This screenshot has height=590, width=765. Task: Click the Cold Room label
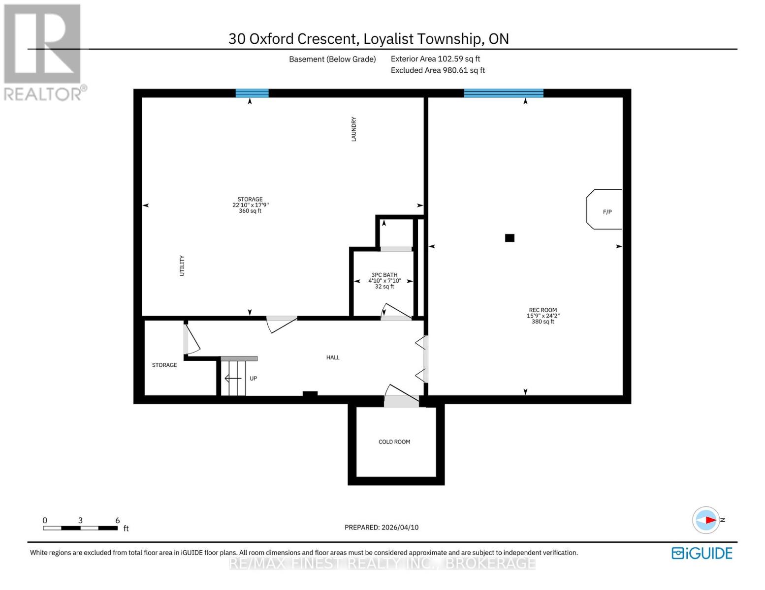point(394,442)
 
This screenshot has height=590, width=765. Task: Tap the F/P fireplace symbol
point(605,210)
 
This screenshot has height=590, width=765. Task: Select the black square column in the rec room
point(510,238)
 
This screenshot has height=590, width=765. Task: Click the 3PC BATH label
point(384,275)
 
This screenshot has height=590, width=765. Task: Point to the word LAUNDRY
point(353,129)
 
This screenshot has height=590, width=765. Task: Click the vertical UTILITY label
point(182,265)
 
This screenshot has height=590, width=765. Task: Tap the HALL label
point(333,357)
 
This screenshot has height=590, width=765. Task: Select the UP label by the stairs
point(253,379)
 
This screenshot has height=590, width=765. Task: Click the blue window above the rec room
point(503,93)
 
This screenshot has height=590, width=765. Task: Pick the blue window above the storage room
point(252,93)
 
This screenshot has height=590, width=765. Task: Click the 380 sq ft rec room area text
point(542,322)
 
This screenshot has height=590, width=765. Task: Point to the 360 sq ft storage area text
point(250,211)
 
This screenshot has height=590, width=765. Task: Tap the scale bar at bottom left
point(80,528)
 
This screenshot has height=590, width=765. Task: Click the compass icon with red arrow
point(706,520)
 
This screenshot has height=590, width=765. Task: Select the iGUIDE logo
point(702,553)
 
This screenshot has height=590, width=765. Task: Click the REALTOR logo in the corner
point(43,52)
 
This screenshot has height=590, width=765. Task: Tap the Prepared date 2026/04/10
point(382,527)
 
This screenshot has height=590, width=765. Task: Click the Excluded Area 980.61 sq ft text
point(438,70)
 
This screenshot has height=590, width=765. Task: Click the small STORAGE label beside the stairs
point(164,365)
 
